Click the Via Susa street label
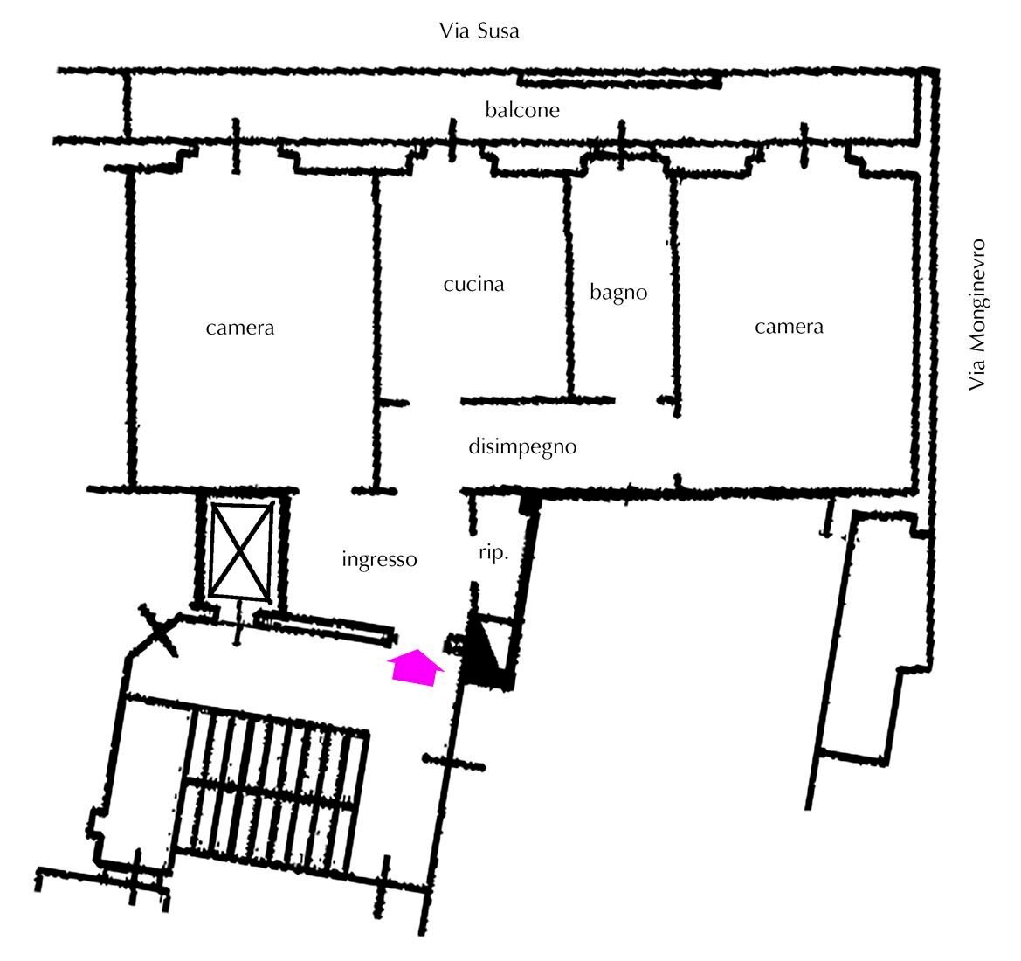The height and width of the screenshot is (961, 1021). (479, 31)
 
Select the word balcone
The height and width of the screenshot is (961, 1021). (522, 109)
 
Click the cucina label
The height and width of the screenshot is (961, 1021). (473, 284)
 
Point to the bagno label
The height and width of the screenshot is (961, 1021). (618, 293)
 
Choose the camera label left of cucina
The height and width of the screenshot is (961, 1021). (239, 327)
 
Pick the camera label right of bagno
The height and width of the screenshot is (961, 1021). (789, 326)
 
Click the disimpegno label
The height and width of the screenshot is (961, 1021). (522, 447)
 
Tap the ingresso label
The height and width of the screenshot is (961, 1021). (379, 560)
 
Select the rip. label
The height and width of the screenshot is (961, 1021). (493, 554)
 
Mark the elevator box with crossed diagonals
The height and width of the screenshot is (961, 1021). (241, 551)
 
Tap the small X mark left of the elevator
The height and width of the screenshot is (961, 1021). (157, 629)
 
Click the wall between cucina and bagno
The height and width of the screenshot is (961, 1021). (569, 287)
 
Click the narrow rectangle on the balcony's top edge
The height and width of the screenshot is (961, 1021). (619, 80)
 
